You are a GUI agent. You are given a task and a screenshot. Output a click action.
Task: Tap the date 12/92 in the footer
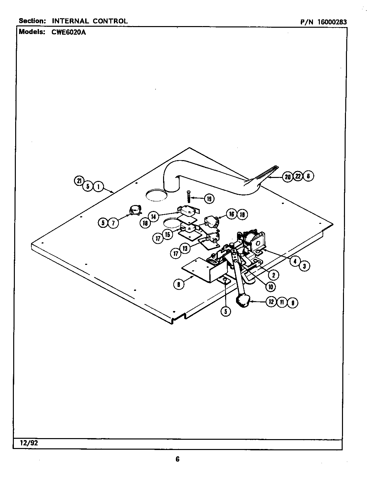[26, 443]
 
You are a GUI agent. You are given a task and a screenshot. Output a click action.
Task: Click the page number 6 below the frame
[177, 459]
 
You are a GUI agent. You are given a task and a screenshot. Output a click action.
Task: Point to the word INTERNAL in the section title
[70, 21]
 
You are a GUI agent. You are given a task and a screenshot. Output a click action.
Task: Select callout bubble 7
[113, 223]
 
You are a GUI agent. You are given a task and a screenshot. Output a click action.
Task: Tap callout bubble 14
[153, 217]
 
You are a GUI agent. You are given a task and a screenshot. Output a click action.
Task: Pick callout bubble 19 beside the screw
[209, 198]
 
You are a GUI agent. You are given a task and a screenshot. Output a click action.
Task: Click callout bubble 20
[288, 177]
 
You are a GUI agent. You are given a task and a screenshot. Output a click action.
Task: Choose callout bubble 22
[298, 176]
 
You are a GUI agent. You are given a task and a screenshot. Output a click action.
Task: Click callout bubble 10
[270, 287]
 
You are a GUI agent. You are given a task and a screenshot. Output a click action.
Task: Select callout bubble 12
[271, 302]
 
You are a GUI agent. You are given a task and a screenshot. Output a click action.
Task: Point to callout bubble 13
[185, 248]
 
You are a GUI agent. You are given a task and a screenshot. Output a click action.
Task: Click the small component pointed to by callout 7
[135, 210]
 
